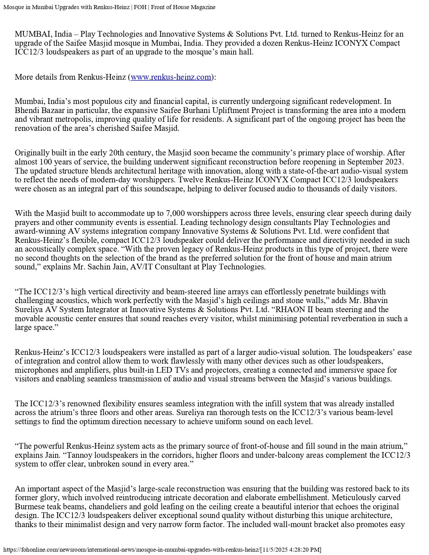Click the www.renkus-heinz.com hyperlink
pyautogui.click(x=171, y=77)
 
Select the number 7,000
pyautogui.click(x=175, y=214)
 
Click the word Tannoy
pyautogui.click(x=79, y=455)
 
